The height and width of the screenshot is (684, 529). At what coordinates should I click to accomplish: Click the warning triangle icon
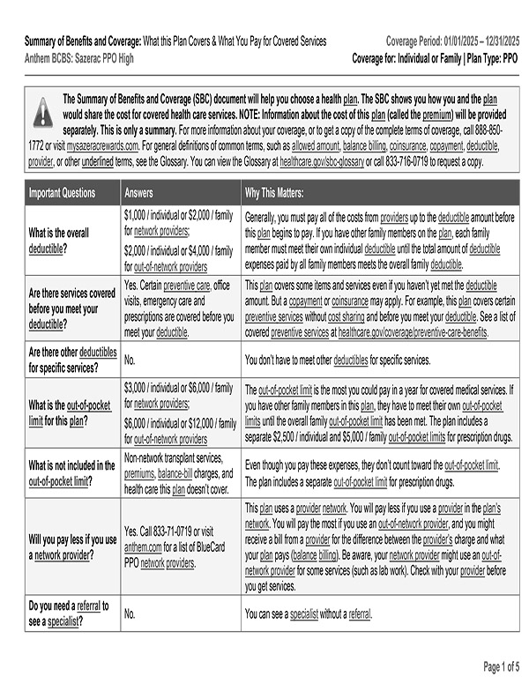click(x=42, y=112)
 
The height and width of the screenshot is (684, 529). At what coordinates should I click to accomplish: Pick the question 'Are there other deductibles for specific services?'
click(x=72, y=360)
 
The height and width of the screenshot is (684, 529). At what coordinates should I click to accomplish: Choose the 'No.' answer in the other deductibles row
click(x=130, y=360)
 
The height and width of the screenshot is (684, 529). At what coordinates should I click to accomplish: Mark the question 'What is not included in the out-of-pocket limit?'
click(x=72, y=472)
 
